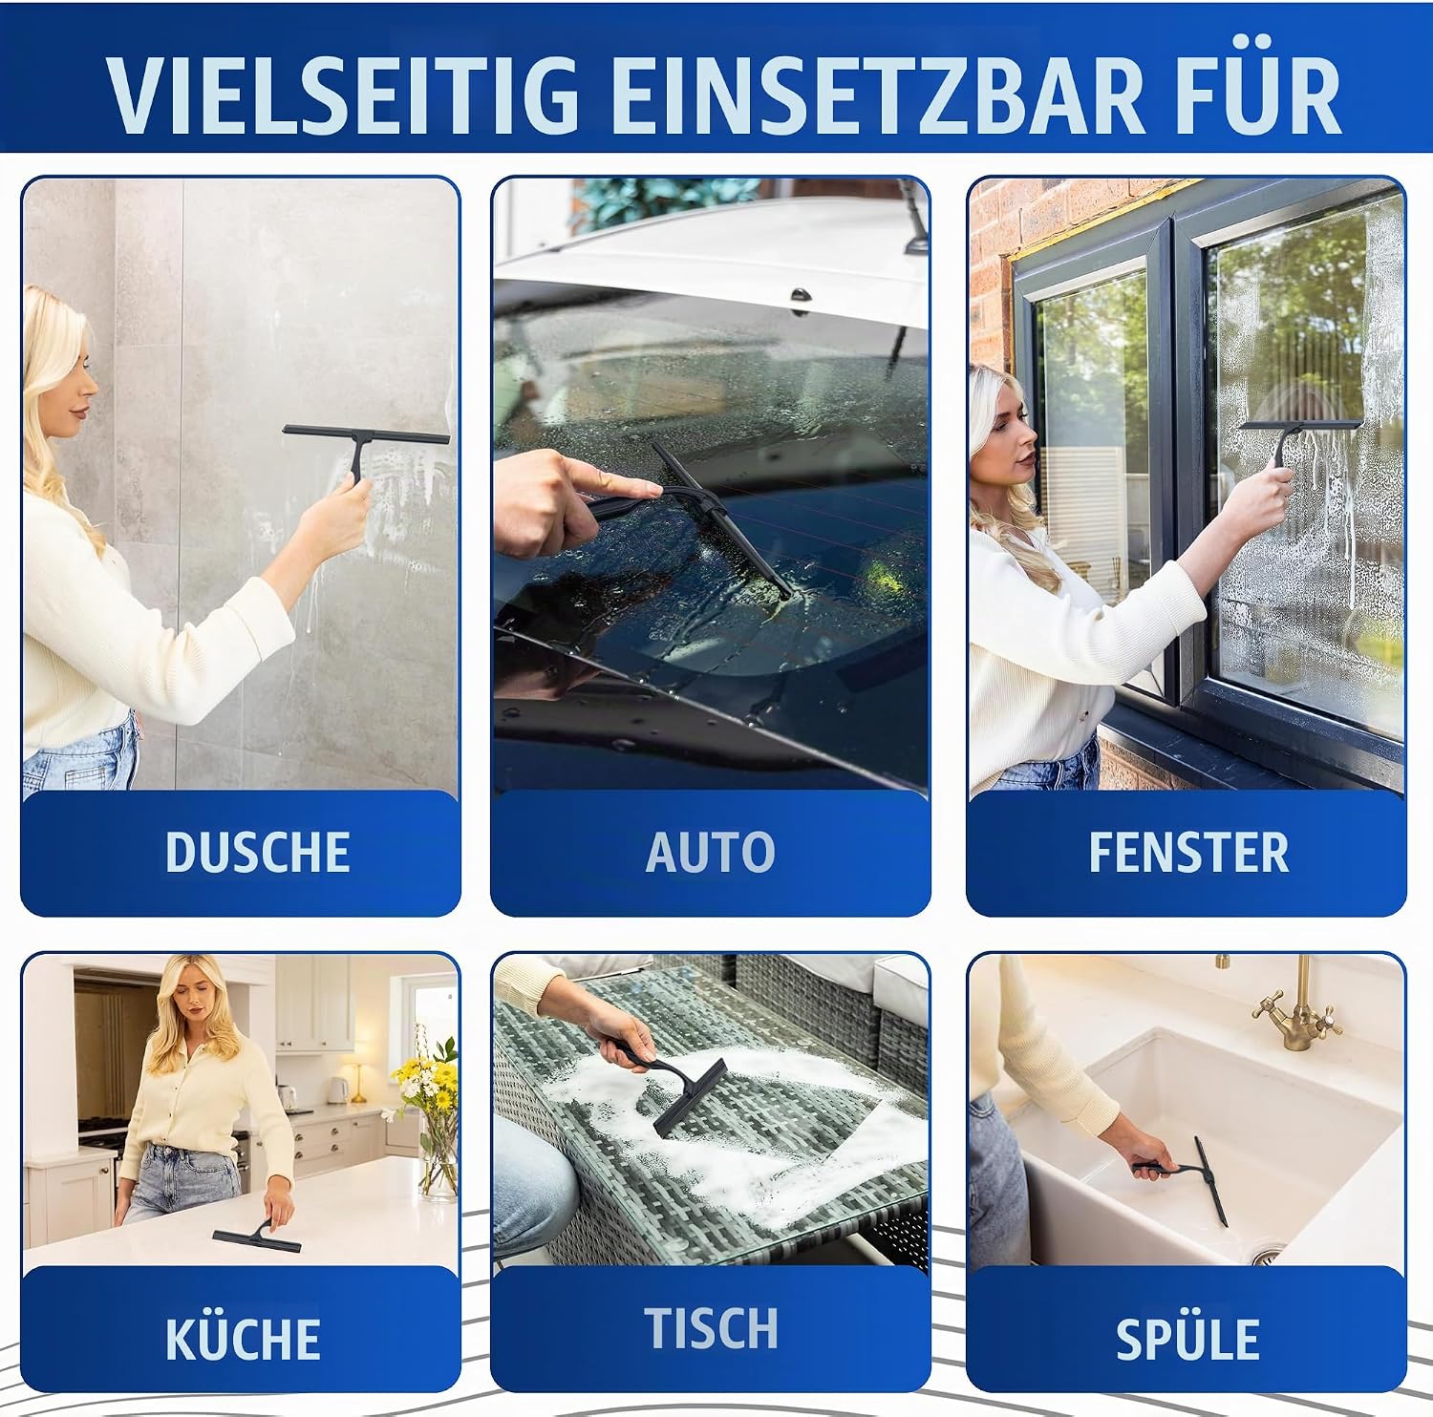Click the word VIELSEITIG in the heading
coord(343,95)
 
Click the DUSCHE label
coord(257,853)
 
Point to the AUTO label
coord(710,853)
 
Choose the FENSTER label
coord(1188,853)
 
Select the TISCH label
coord(712,1328)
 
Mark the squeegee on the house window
coord(1294,439)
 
